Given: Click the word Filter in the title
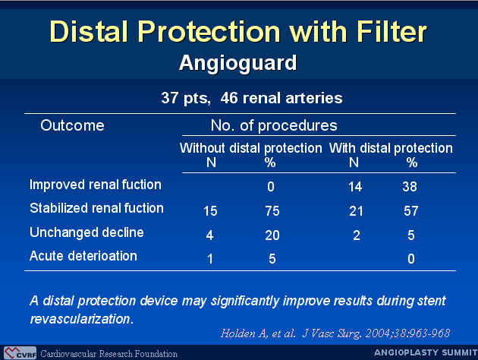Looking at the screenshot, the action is pos(392,31).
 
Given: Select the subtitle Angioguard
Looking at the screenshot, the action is pos(237,63).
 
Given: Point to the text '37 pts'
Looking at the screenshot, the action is pos(186,98).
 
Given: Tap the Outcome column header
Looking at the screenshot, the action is pos(72,125).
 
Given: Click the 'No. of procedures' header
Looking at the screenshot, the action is pos(274,125).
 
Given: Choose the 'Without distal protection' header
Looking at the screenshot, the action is pos(251,148).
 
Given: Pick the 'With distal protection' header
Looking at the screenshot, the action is pos(391,148).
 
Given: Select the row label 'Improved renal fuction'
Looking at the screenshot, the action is pos(96,185).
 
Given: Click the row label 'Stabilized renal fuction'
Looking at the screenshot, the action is pos(96,208).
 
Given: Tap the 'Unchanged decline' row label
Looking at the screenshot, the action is pos(86,232).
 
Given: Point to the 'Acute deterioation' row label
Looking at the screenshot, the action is pos(83,256).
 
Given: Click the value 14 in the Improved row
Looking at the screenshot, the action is pos(355,187).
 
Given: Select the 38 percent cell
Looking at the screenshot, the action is pos(410,187).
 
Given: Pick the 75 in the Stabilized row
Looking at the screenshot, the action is pos(272,211).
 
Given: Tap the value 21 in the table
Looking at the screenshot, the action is pos(356,211).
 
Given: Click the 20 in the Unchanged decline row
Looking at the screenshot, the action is pos(272,235).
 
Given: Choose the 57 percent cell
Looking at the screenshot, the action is pos(411,211).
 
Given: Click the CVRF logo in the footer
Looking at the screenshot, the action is pos(20,353).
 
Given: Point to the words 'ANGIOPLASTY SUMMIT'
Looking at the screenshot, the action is pos(426,352).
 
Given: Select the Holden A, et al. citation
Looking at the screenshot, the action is pos(335,333).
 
